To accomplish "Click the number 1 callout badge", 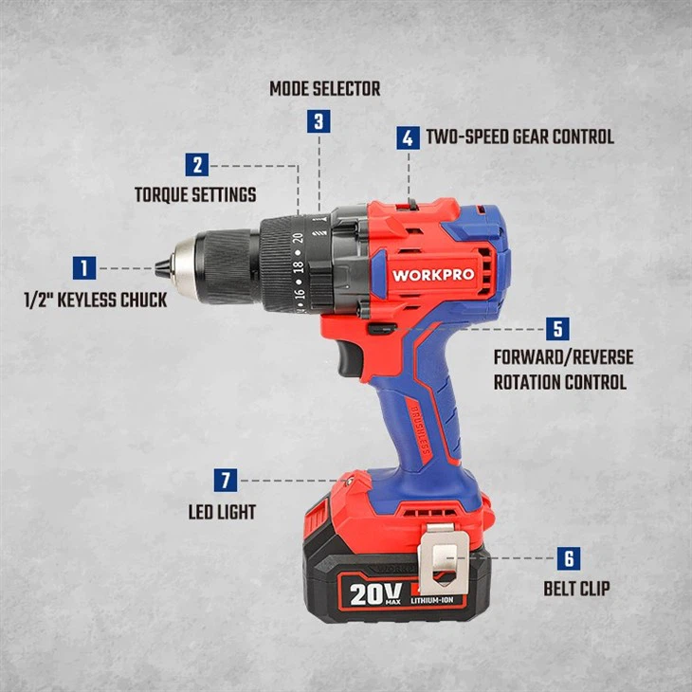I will pos(85,268).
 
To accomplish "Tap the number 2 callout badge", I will pos(197,165).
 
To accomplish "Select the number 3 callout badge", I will pos(319,121).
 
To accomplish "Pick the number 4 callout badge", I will pos(408,137).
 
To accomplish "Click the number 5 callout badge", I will pos(557,329).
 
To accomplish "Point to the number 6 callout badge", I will pos(571,559).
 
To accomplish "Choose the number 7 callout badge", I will pos(226,481).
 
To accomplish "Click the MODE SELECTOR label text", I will pos(324,89).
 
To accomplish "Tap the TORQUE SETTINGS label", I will pos(194,195).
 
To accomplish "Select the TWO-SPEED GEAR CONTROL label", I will pos(519,137).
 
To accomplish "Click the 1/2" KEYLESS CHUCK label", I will pos(95,300).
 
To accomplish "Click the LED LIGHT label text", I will pos(222,512).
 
